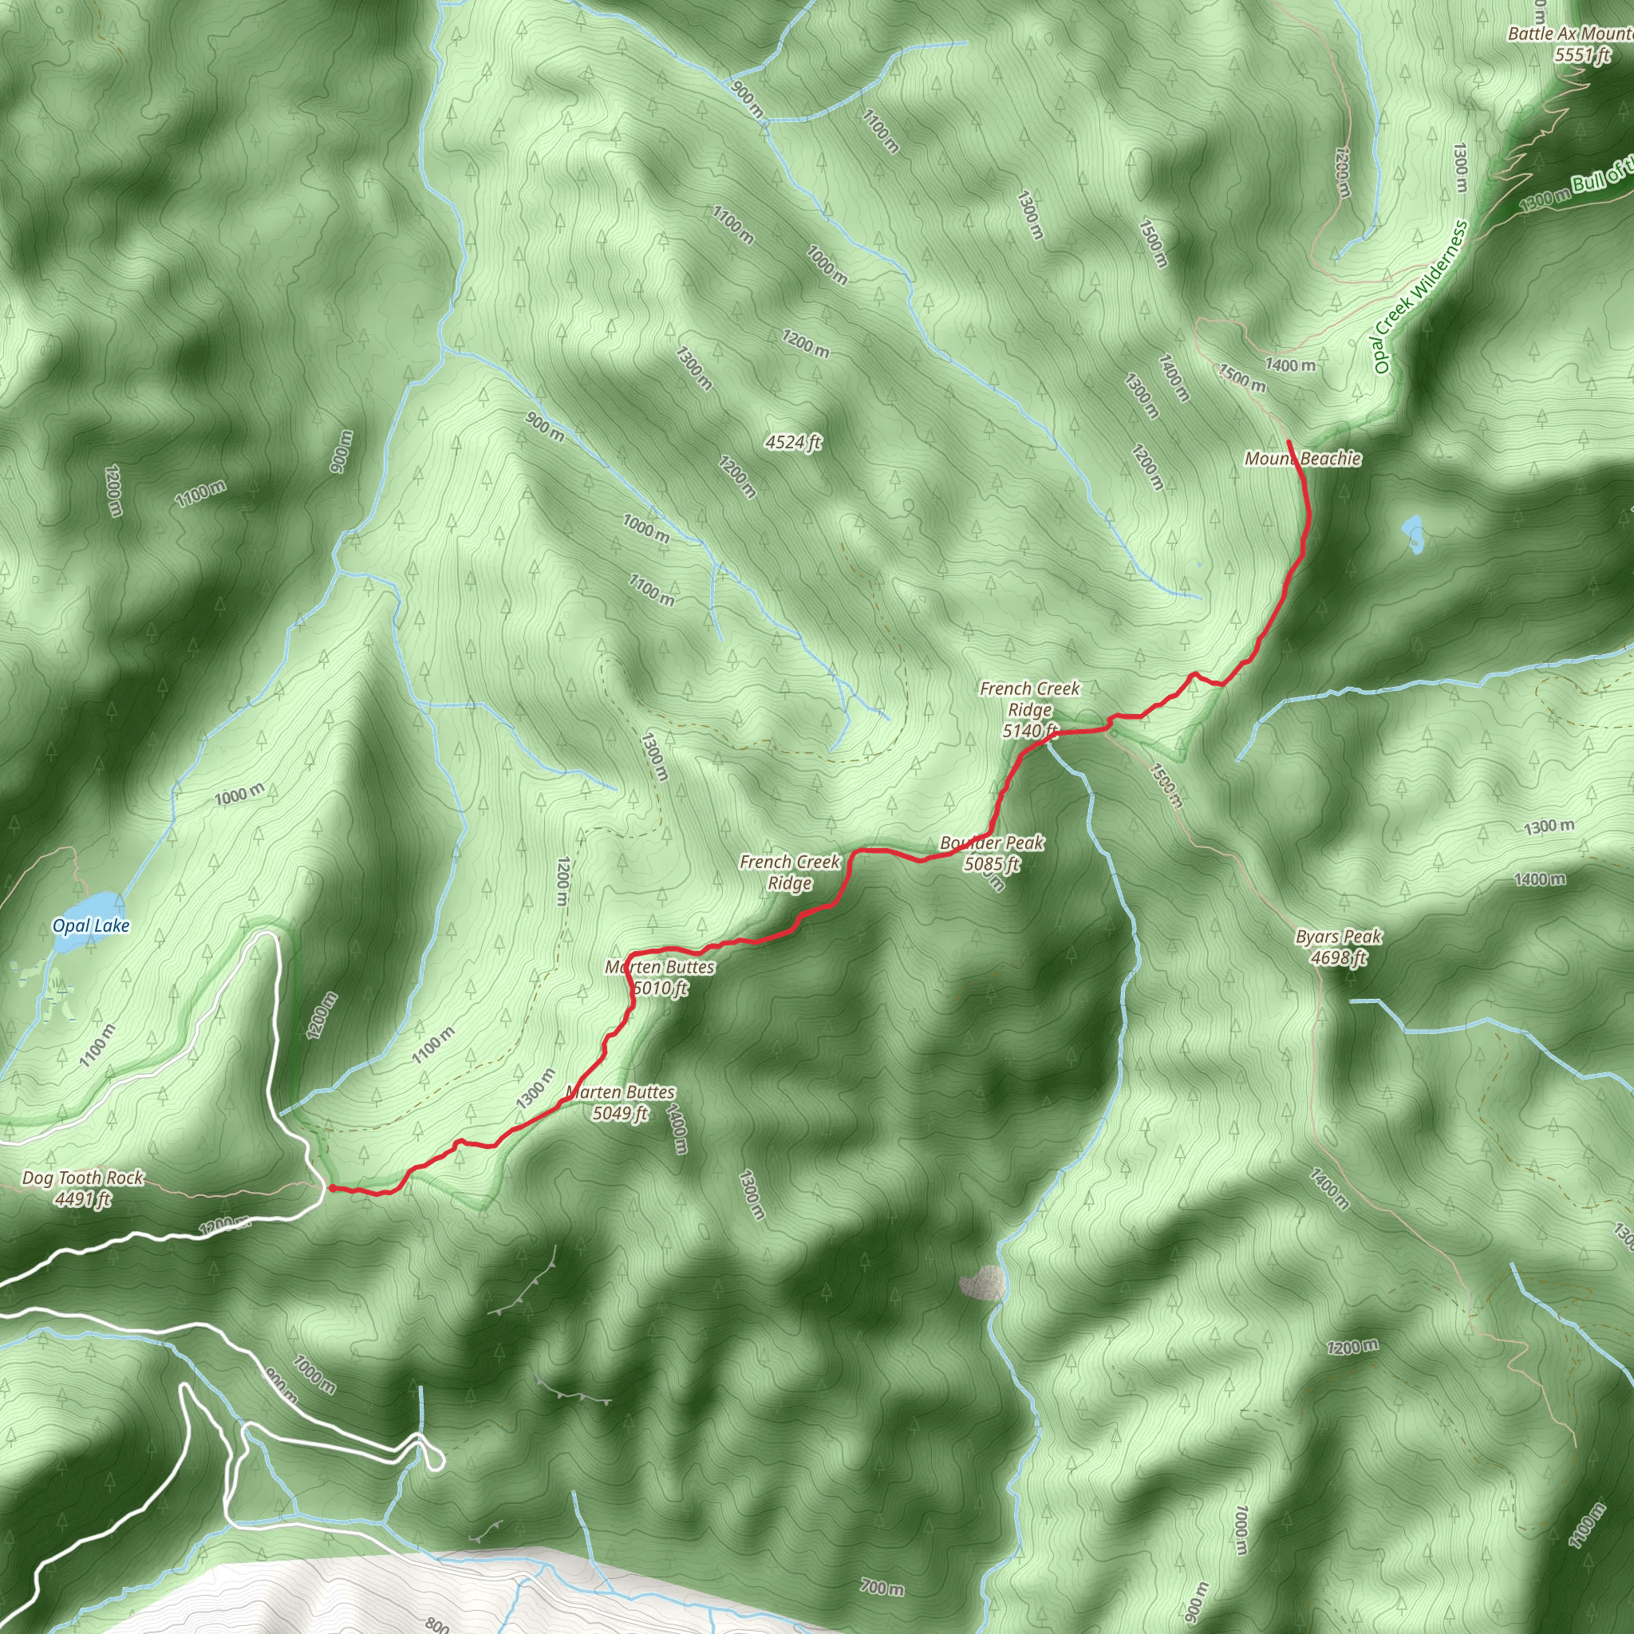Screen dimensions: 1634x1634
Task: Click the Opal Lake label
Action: (x=90, y=926)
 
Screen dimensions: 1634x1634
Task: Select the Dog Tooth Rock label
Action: (x=83, y=1178)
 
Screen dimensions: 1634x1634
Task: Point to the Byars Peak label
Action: (x=1338, y=936)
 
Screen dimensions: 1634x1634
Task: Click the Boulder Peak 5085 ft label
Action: (x=991, y=853)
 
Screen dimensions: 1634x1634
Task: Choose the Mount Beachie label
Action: (x=1302, y=459)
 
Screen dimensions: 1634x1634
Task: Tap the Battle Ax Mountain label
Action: (x=1569, y=34)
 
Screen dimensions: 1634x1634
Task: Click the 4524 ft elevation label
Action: (x=792, y=441)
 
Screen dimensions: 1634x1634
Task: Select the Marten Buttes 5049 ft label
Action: (x=620, y=1103)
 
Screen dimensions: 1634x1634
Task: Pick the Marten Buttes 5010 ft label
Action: (x=660, y=977)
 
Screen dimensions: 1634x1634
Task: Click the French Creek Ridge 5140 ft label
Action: (x=1029, y=708)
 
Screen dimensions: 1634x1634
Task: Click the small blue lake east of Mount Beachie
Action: (x=1412, y=533)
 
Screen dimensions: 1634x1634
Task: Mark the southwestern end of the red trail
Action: (x=329, y=1188)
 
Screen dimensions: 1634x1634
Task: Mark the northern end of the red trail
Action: (x=1287, y=442)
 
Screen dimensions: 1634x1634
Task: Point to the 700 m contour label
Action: (x=882, y=1589)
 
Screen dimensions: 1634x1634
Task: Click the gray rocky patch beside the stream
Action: (x=983, y=1283)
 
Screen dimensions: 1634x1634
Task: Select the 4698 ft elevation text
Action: (x=1338, y=957)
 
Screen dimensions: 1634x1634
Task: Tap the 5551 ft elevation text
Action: (x=1582, y=55)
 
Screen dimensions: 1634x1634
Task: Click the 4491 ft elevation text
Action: (x=83, y=1198)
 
